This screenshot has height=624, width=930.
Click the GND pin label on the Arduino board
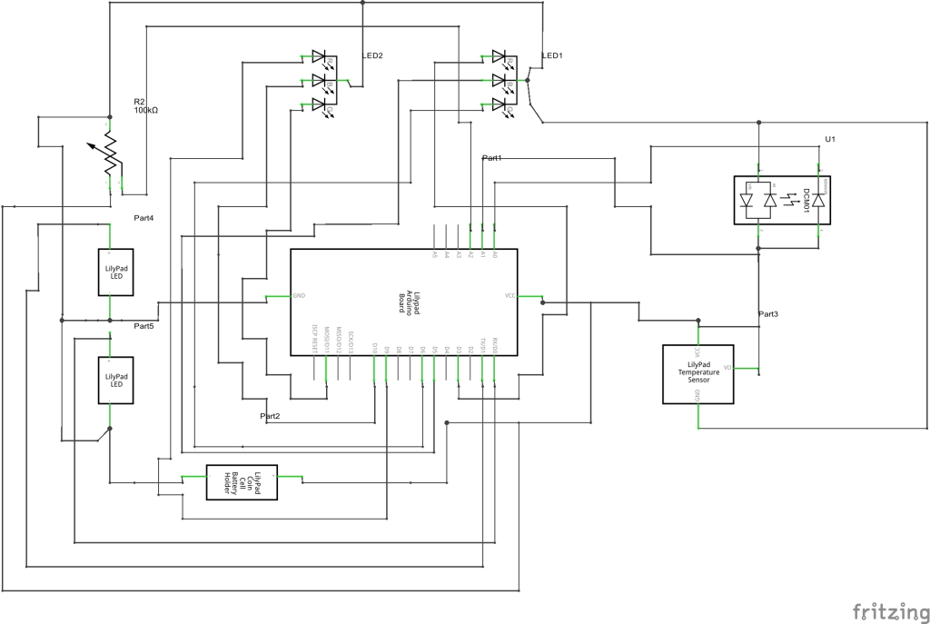299,296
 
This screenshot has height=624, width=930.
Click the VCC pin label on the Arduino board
510,296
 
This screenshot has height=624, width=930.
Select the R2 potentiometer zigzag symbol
110,154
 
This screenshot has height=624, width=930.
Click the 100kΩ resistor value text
145,110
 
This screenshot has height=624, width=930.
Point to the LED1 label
552,55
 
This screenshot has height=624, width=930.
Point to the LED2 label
372,55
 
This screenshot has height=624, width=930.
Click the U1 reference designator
829,139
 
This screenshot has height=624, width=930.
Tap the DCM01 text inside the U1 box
804,199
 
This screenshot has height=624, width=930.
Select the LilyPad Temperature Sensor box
697,373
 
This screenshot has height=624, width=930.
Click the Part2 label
270,415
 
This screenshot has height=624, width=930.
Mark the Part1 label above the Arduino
492,158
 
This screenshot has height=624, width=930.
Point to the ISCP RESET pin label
314,339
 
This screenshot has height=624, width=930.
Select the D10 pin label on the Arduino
375,347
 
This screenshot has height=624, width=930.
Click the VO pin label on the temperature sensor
727,368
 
